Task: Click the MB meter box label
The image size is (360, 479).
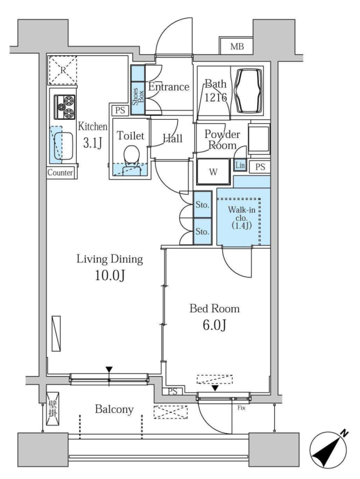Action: coord(237,46)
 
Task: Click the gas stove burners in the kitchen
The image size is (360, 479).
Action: coord(65,107)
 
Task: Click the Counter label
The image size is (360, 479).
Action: coord(60,173)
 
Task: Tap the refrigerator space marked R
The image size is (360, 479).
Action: coord(63,70)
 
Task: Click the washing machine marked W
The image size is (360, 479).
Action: coord(213,172)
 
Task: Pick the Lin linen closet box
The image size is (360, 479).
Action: coord(240,166)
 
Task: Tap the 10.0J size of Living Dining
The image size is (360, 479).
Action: coord(110,276)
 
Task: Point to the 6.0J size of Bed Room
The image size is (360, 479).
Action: coord(214,326)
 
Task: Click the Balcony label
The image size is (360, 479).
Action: coord(114,409)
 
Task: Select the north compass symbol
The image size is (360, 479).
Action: coord(329,449)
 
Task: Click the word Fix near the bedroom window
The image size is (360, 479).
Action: coord(242,408)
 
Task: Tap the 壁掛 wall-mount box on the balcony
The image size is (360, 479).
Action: coord(52,409)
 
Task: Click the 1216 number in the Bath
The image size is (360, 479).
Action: coord(216,97)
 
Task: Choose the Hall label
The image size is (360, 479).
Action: coord(173,138)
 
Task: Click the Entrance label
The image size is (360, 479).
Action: coord(169,87)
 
